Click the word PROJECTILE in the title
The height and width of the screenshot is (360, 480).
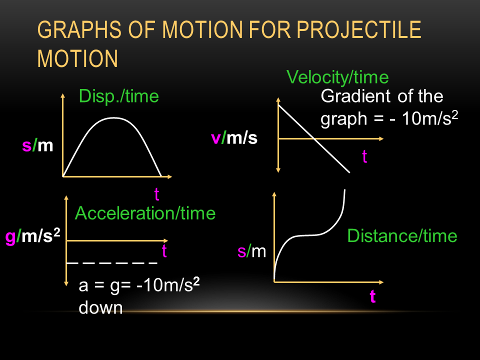[x=359, y=30]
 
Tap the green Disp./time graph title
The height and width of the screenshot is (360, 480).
[x=119, y=96]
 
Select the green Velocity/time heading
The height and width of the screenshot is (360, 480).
[x=337, y=77]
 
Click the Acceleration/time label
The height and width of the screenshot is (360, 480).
[x=145, y=213]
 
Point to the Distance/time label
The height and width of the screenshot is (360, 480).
[x=402, y=236]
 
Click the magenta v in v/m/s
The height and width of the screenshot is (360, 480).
[x=216, y=138]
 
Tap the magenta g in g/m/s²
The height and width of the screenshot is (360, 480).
[x=10, y=237]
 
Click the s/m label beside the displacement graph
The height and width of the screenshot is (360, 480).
[x=37, y=145]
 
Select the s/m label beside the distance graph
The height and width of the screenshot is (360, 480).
[x=252, y=251]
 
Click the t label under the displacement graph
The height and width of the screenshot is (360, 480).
[x=156, y=194]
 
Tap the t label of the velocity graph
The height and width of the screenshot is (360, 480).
[x=364, y=156]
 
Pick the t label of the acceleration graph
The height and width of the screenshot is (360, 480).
[x=164, y=250]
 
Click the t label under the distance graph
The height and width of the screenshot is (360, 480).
[x=372, y=296]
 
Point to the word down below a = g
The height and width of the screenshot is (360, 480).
[x=100, y=307]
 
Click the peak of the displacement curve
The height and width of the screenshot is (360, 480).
[x=114, y=117]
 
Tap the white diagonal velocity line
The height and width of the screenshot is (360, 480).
[x=314, y=138]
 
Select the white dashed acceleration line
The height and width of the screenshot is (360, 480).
[x=112, y=263]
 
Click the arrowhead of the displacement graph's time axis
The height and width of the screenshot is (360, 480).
[x=170, y=176]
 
